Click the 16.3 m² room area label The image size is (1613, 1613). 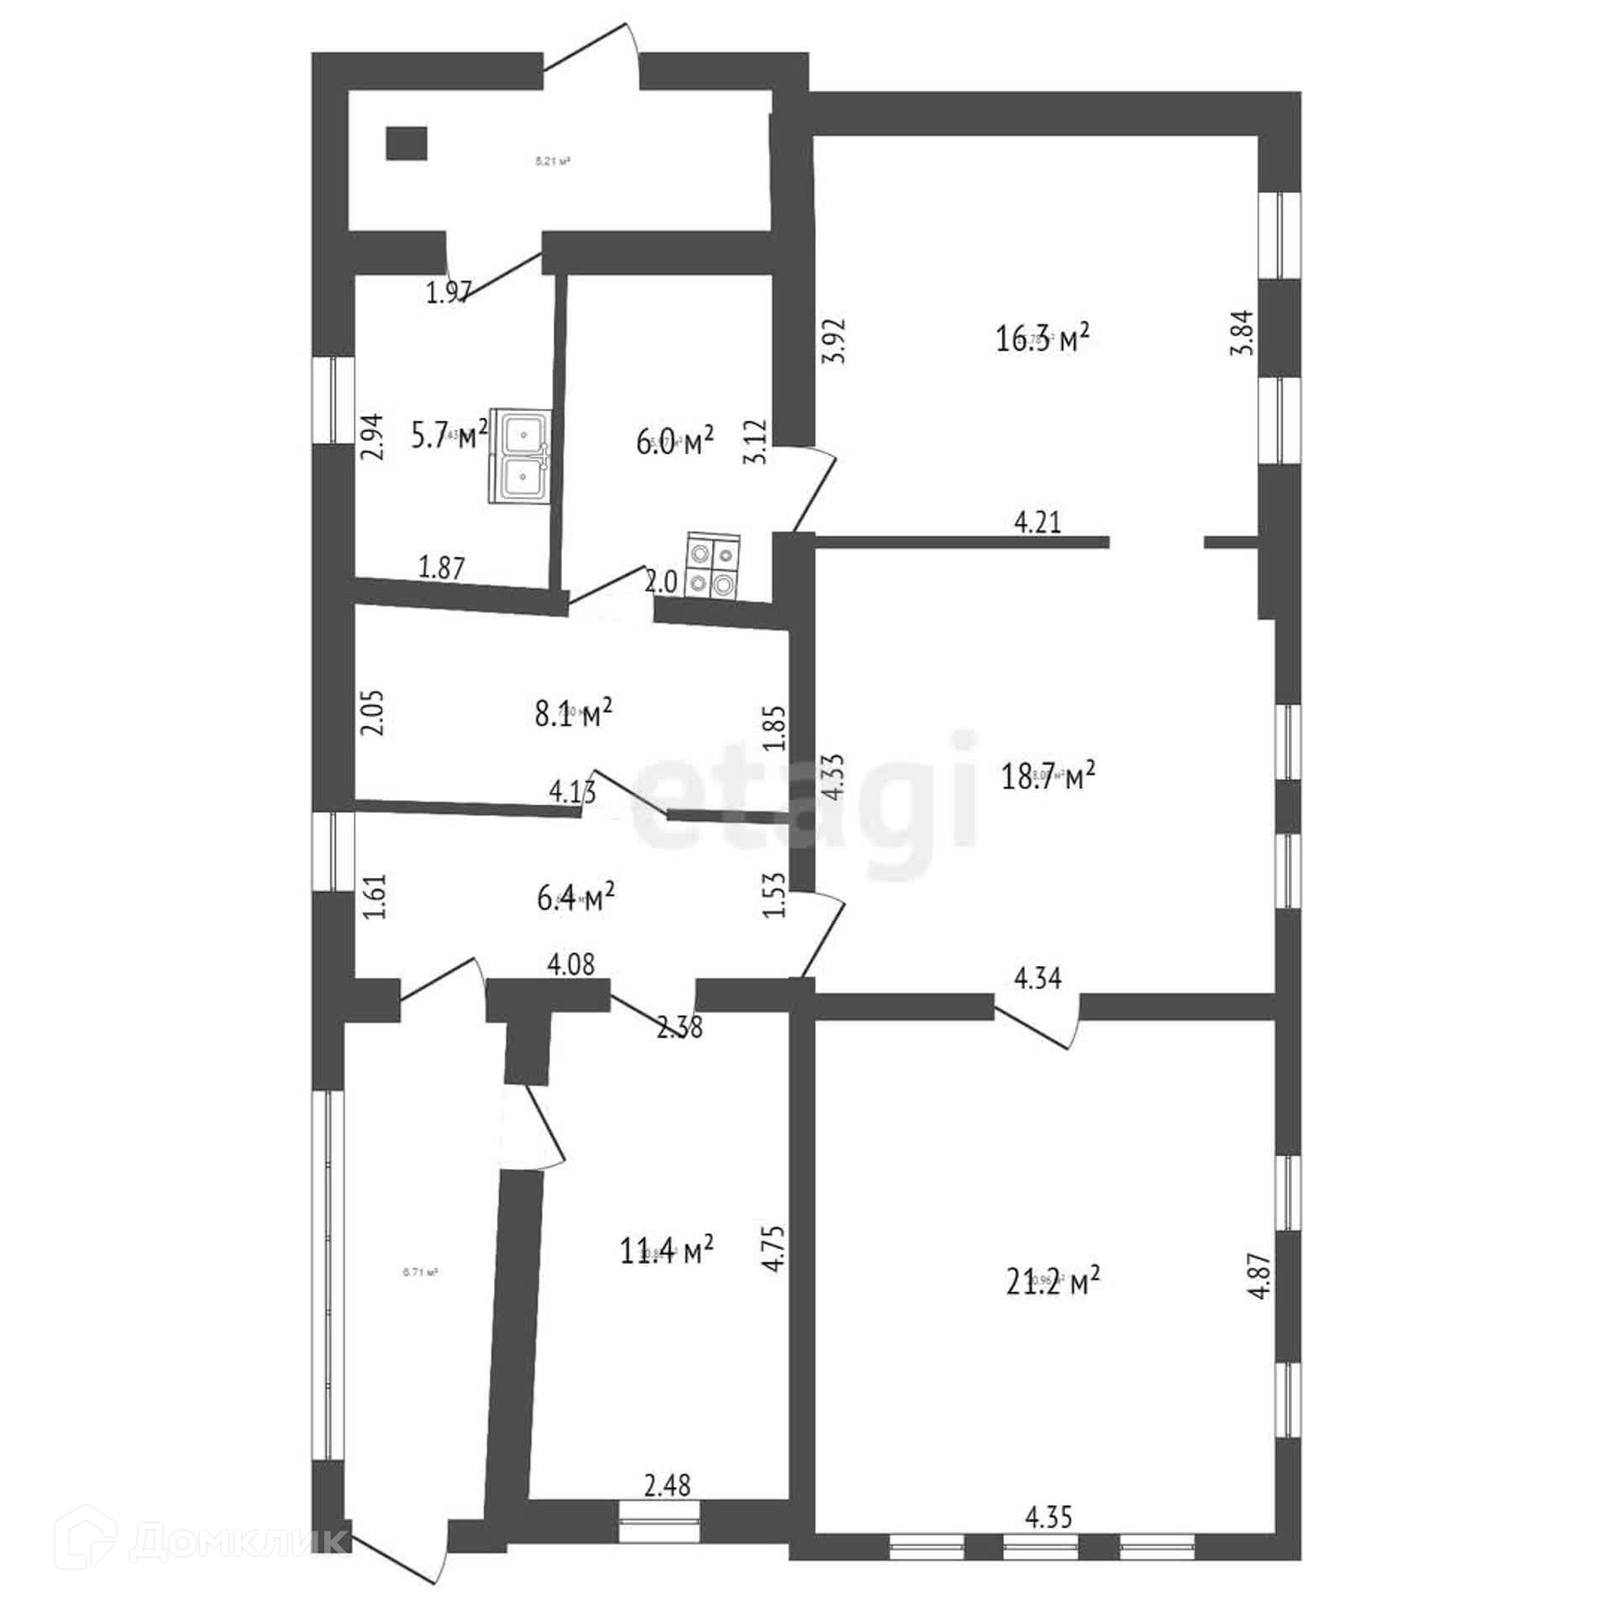1043,339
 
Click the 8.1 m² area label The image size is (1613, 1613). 573,715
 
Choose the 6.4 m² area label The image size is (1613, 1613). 575,899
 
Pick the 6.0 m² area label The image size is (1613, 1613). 675,442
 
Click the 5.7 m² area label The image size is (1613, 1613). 449,435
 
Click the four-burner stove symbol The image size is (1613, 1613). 713,566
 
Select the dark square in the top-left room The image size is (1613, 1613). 407,143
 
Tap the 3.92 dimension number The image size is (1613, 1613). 834,340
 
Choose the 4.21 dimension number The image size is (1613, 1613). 1038,523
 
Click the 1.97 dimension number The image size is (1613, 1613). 449,294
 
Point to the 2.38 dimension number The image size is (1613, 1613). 680,1027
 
